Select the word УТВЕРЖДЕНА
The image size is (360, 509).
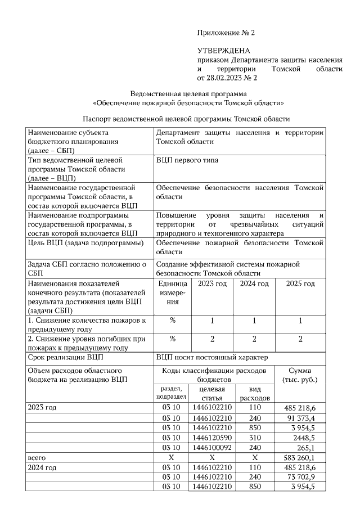click(x=222, y=51)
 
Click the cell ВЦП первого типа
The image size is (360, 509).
click(x=187, y=160)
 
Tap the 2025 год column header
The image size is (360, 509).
click(x=300, y=283)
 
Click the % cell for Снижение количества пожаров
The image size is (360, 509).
click(x=173, y=320)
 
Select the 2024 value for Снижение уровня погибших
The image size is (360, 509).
click(x=254, y=339)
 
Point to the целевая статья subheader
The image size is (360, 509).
click(x=212, y=393)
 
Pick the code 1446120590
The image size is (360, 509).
click(x=212, y=437)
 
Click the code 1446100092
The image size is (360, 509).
click(x=212, y=447)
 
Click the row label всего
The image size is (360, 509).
click(x=37, y=458)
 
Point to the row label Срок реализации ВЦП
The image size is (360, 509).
click(x=65, y=357)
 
